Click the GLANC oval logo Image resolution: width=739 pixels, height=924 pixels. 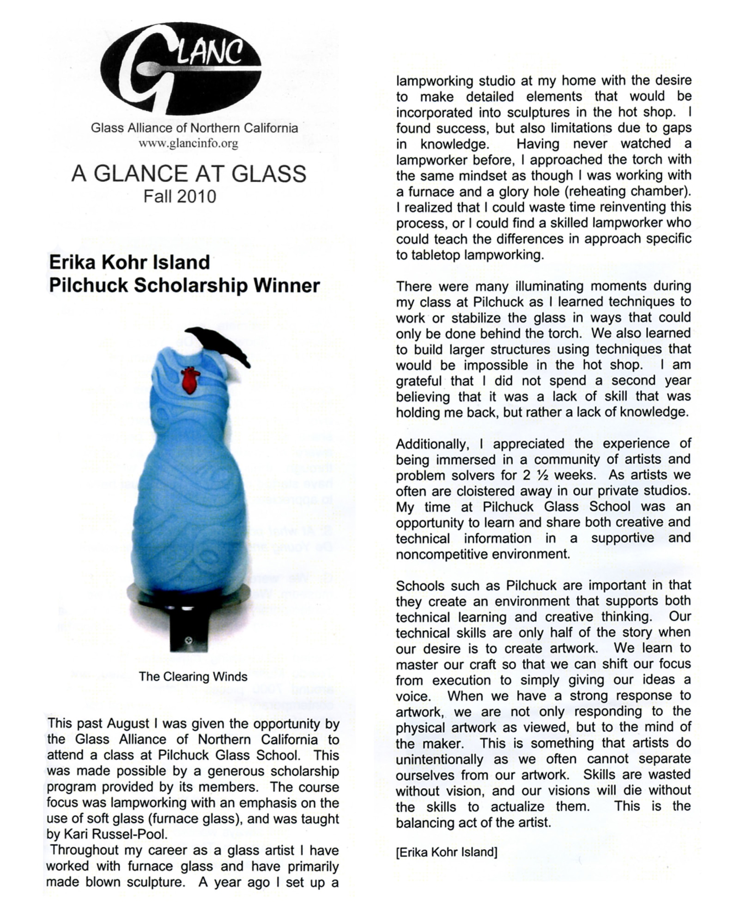[181, 68]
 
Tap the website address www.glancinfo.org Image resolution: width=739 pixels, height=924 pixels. [188, 143]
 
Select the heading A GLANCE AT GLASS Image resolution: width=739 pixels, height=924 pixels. [188, 174]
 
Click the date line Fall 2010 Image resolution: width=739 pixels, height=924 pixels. [180, 197]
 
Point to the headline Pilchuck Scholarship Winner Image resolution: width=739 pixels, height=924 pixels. [184, 286]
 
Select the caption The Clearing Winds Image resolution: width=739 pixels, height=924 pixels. [193, 676]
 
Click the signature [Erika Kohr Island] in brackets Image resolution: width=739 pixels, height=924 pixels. [446, 852]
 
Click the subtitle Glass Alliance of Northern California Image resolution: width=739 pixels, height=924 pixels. [194, 128]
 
